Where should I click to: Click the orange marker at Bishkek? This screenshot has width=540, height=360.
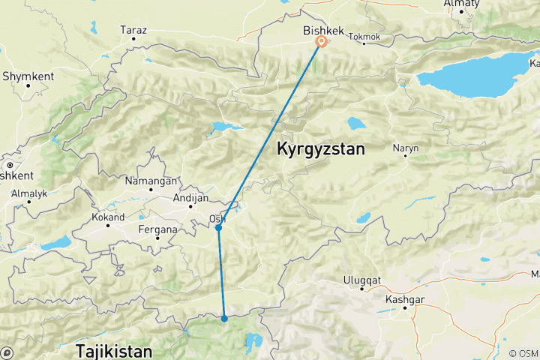pyautogui.click(x=321, y=42)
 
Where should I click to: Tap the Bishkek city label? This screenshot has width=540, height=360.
pyautogui.click(x=322, y=31)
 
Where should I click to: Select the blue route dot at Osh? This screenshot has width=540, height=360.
pyautogui.click(x=218, y=227)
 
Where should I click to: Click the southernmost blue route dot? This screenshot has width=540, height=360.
pyautogui.click(x=224, y=319)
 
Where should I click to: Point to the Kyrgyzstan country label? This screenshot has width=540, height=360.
pyautogui.click(x=321, y=149)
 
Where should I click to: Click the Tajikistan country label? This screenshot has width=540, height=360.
pyautogui.click(x=114, y=350)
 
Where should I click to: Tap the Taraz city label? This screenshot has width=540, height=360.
pyautogui.click(x=133, y=31)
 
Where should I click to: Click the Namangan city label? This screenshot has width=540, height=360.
pyautogui.click(x=152, y=181)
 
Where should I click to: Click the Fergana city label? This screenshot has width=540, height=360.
pyautogui.click(x=158, y=229)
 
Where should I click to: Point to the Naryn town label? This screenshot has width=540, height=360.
pyautogui.click(x=406, y=148)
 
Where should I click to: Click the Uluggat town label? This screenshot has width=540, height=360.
pyautogui.click(x=363, y=280)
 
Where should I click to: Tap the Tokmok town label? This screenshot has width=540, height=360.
pyautogui.click(x=365, y=36)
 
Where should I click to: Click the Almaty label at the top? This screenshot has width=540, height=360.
pyautogui.click(x=461, y=4)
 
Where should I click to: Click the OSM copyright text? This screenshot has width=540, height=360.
pyautogui.click(x=523, y=353)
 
